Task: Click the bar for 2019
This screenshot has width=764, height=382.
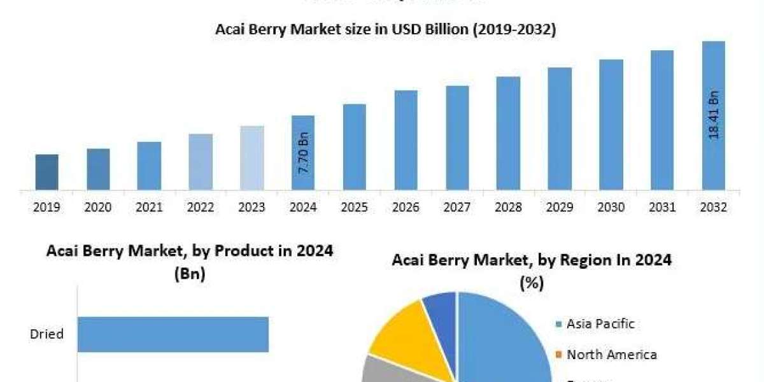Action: [x=46, y=172]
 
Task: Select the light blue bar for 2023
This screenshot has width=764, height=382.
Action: [x=251, y=158]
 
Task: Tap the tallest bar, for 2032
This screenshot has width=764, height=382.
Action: [x=713, y=115]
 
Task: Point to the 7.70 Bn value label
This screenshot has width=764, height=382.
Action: [x=304, y=153]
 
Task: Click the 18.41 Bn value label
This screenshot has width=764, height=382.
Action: [x=714, y=115]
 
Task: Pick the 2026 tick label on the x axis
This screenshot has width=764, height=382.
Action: [x=406, y=208]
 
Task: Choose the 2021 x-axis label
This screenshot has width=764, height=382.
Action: [x=149, y=208]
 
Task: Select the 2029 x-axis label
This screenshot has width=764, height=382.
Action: [x=560, y=208]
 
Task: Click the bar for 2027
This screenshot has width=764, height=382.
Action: [x=457, y=138]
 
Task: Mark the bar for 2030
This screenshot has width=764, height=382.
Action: [x=611, y=125]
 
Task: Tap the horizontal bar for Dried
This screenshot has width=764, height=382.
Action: [x=173, y=334]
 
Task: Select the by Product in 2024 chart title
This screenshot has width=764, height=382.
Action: [x=190, y=259]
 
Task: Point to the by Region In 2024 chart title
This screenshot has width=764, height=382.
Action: [x=532, y=268]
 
